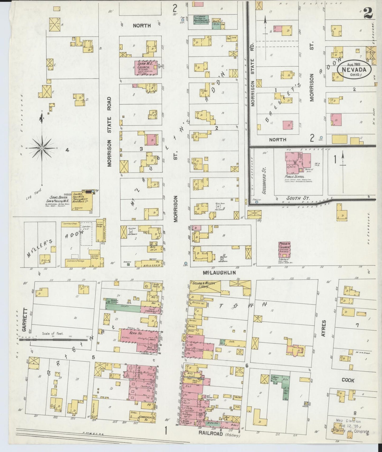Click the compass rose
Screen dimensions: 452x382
pos(42,146)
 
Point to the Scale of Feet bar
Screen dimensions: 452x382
pos(53,340)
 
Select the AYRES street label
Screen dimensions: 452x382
pos(324,328)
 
